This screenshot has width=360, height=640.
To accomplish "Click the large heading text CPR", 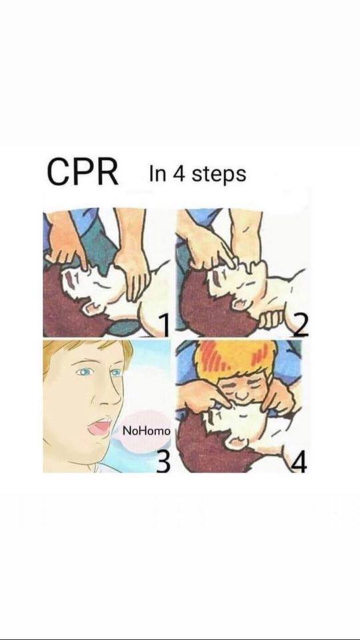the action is (83, 172).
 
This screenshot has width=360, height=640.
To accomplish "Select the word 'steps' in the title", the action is (219, 175).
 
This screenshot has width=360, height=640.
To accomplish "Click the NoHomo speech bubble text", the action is (147, 431).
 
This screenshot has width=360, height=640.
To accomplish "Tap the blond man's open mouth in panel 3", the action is (99, 427).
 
